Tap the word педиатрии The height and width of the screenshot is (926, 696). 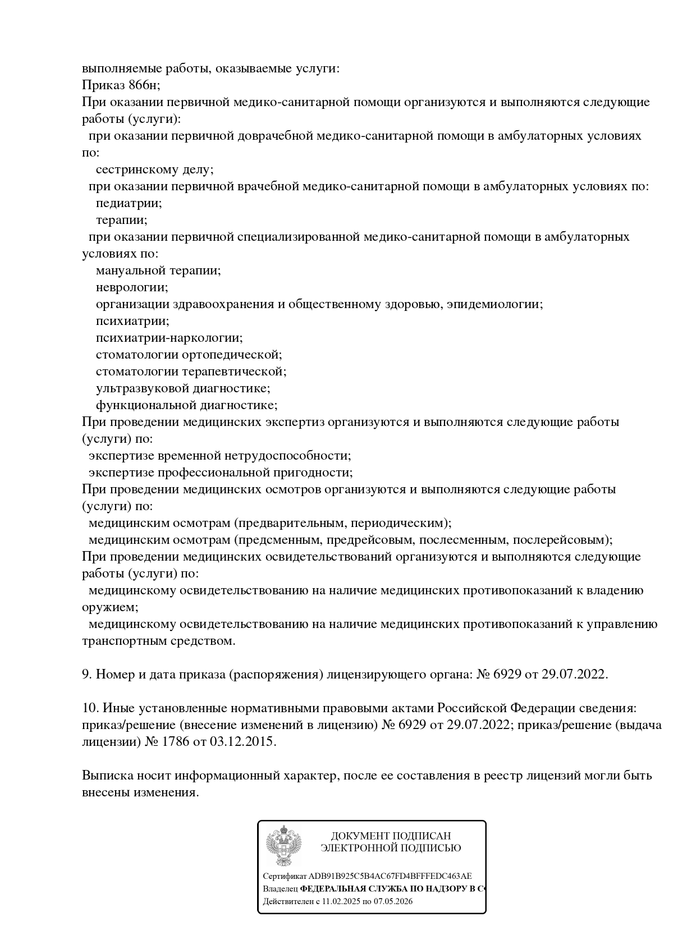click(x=129, y=203)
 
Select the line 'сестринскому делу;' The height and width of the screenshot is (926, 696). click(x=154, y=169)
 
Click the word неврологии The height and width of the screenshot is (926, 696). click(x=131, y=287)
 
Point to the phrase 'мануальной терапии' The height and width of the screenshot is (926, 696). click(x=158, y=271)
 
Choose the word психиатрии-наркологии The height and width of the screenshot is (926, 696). click(x=169, y=338)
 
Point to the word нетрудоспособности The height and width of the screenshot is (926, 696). click(x=287, y=456)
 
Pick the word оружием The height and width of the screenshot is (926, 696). click(x=109, y=607)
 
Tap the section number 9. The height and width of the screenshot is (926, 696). click(x=86, y=674)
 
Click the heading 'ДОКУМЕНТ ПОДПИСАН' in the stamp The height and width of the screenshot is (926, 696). click(x=391, y=836)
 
